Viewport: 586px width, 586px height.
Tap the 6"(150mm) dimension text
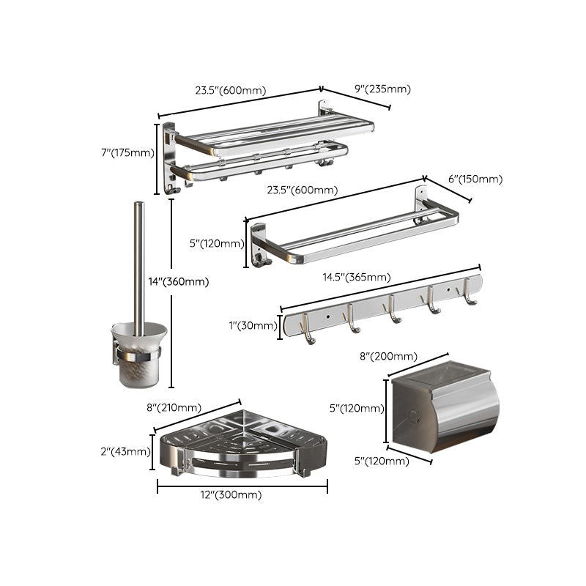point(475,179)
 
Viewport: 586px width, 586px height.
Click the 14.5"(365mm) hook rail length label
point(356,278)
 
